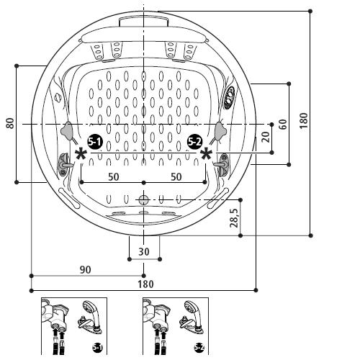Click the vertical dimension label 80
(x=10, y=123)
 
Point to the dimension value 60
(x=282, y=123)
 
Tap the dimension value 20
(x=266, y=137)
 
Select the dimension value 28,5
(x=235, y=217)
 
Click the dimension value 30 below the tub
(x=144, y=251)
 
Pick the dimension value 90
(x=85, y=269)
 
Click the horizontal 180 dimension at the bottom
(x=145, y=284)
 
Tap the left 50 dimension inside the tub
(x=113, y=176)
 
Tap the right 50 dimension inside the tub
(x=176, y=176)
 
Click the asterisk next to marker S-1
(x=81, y=153)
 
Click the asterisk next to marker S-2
(x=207, y=153)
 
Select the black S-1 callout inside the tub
(x=94, y=141)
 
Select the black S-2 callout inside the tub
(x=194, y=141)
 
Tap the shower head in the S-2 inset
(x=192, y=311)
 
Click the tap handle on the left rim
(x=66, y=164)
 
